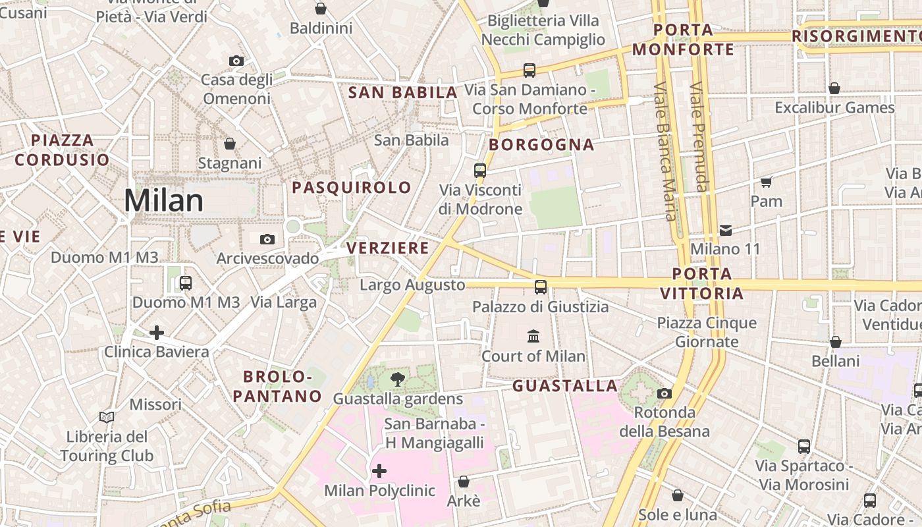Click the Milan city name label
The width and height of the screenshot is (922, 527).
click(164, 200)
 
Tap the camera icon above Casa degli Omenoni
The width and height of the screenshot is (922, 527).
click(236, 61)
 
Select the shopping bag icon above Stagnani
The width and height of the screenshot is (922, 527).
click(230, 143)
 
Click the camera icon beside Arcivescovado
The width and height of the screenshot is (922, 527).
click(267, 239)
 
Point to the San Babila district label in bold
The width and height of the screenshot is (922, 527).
click(402, 93)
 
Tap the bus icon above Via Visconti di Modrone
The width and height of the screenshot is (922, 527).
click(480, 170)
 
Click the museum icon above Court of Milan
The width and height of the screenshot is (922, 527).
click(533, 337)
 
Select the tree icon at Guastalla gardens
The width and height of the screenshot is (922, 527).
click(398, 379)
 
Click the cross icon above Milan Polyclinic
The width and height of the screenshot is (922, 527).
click(379, 471)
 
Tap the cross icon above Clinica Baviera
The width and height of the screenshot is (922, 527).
click(157, 332)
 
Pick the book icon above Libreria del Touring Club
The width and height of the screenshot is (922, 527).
click(107, 417)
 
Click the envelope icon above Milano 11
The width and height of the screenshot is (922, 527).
click(726, 230)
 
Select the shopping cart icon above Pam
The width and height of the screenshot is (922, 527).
click(767, 182)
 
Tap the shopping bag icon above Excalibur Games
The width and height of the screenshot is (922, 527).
click(834, 88)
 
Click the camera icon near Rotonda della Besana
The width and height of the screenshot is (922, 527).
click(664, 393)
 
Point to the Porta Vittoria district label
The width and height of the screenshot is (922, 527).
click(702, 283)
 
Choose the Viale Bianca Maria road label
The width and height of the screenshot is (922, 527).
click(665, 152)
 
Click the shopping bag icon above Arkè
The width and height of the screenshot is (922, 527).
click(464, 482)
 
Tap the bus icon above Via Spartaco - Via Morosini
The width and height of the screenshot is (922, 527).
click(804, 446)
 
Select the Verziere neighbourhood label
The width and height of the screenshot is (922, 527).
click(388, 248)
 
